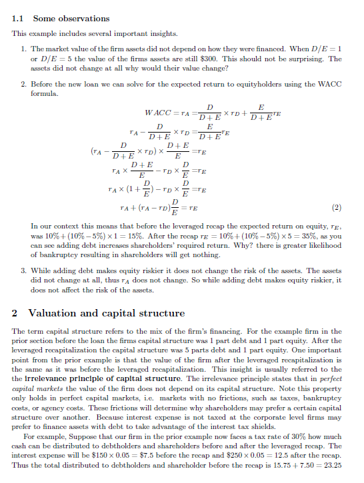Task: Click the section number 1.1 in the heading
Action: (19, 18)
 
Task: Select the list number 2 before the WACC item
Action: (24, 85)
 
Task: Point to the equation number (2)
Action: (337, 207)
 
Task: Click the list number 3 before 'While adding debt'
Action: (24, 270)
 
